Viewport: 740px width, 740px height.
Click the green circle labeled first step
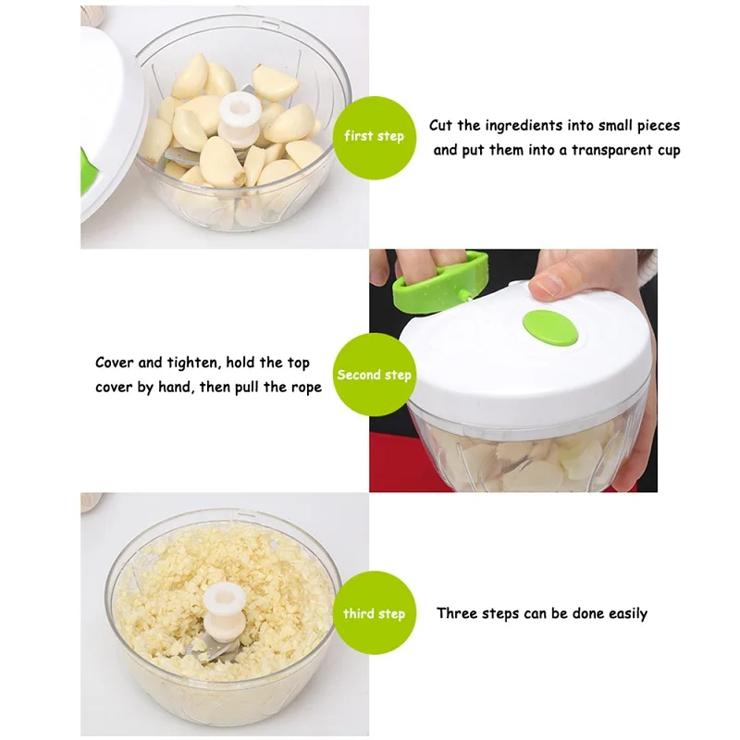coord(375,138)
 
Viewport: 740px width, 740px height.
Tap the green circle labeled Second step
coord(375,375)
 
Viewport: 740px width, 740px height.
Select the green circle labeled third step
coord(375,612)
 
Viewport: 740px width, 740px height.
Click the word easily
coord(628,614)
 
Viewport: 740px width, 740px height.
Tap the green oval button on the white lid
coord(550,327)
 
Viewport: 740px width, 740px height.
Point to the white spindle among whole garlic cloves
coord(240,117)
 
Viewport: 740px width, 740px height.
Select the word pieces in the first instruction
coord(659,127)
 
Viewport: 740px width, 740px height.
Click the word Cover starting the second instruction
coord(115,363)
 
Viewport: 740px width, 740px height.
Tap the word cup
coord(669,152)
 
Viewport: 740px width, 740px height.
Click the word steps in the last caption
coord(503,614)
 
